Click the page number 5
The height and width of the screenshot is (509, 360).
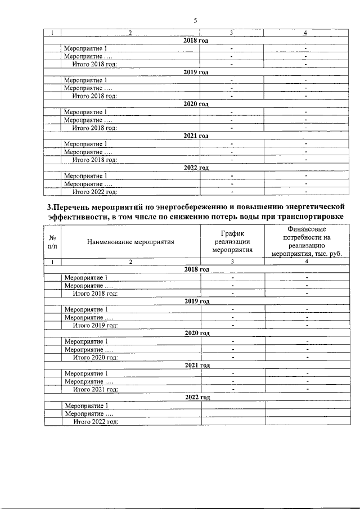click(x=195, y=21)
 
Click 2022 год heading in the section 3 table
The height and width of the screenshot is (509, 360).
click(x=197, y=397)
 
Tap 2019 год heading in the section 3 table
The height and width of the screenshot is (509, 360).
click(x=197, y=301)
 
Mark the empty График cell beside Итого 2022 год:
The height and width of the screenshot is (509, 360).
click(x=232, y=421)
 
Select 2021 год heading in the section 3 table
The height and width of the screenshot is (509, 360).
click(x=197, y=365)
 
